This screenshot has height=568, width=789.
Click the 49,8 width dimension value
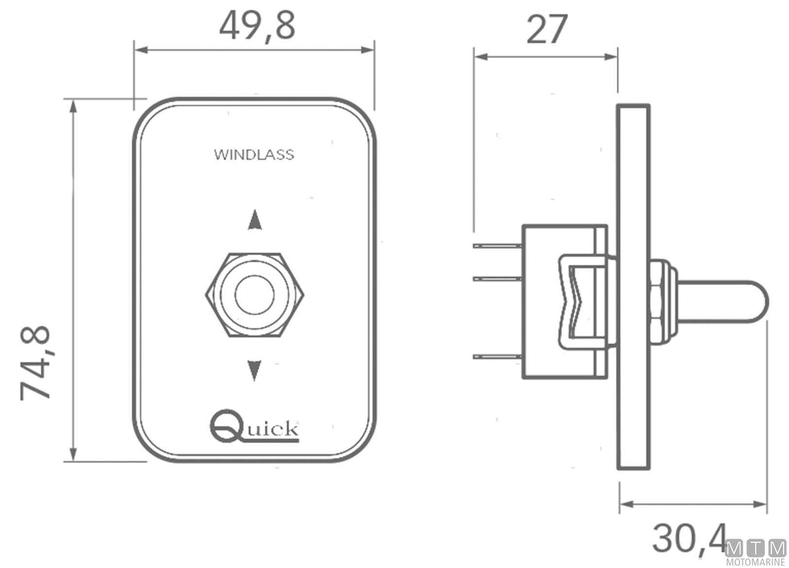click(x=257, y=26)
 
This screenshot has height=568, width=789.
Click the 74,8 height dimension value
click(x=36, y=363)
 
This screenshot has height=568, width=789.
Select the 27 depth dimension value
click(x=546, y=29)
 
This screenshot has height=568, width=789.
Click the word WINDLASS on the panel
click(x=254, y=155)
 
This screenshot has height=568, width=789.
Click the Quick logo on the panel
click(x=254, y=425)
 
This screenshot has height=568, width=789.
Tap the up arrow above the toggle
click(x=254, y=220)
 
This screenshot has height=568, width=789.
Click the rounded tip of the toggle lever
click(x=760, y=302)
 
